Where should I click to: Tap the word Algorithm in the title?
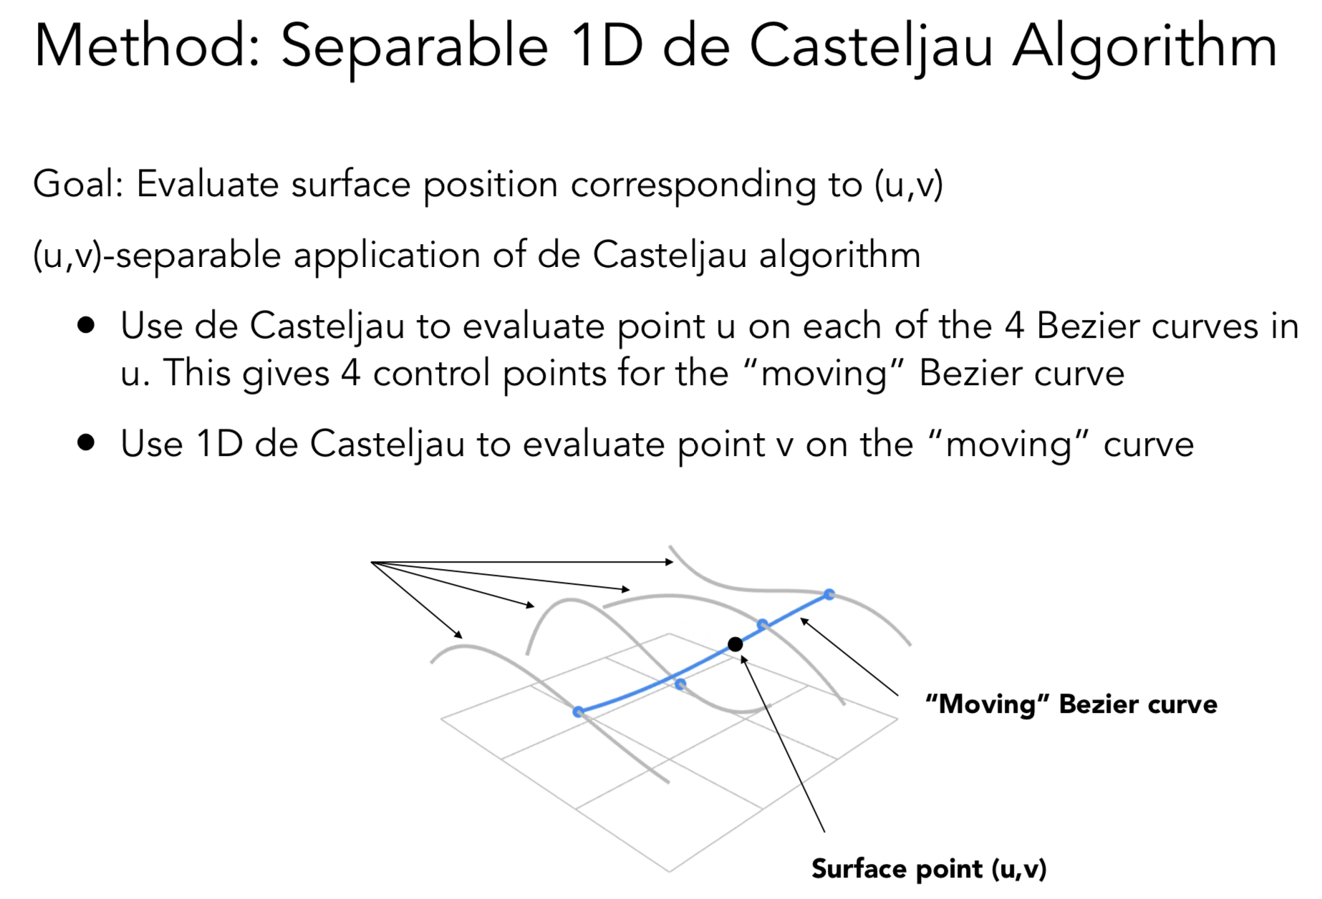[x=1144, y=47]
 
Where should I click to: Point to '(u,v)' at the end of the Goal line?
[x=908, y=185]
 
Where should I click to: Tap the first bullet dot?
[x=86, y=326]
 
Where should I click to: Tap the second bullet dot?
[x=86, y=443]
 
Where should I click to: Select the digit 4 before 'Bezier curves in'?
[x=1013, y=326]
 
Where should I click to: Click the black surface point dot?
[x=735, y=644]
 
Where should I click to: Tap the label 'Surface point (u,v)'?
[x=929, y=869]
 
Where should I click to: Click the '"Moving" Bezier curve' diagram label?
[x=1071, y=704]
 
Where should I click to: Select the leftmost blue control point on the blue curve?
[x=578, y=711]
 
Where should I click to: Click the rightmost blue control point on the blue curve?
[x=829, y=594]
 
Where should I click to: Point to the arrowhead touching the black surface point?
[x=743, y=657]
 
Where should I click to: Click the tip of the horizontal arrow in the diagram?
[x=672, y=563]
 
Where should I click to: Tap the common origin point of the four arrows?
[x=372, y=563]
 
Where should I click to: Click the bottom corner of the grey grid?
[x=670, y=872]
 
